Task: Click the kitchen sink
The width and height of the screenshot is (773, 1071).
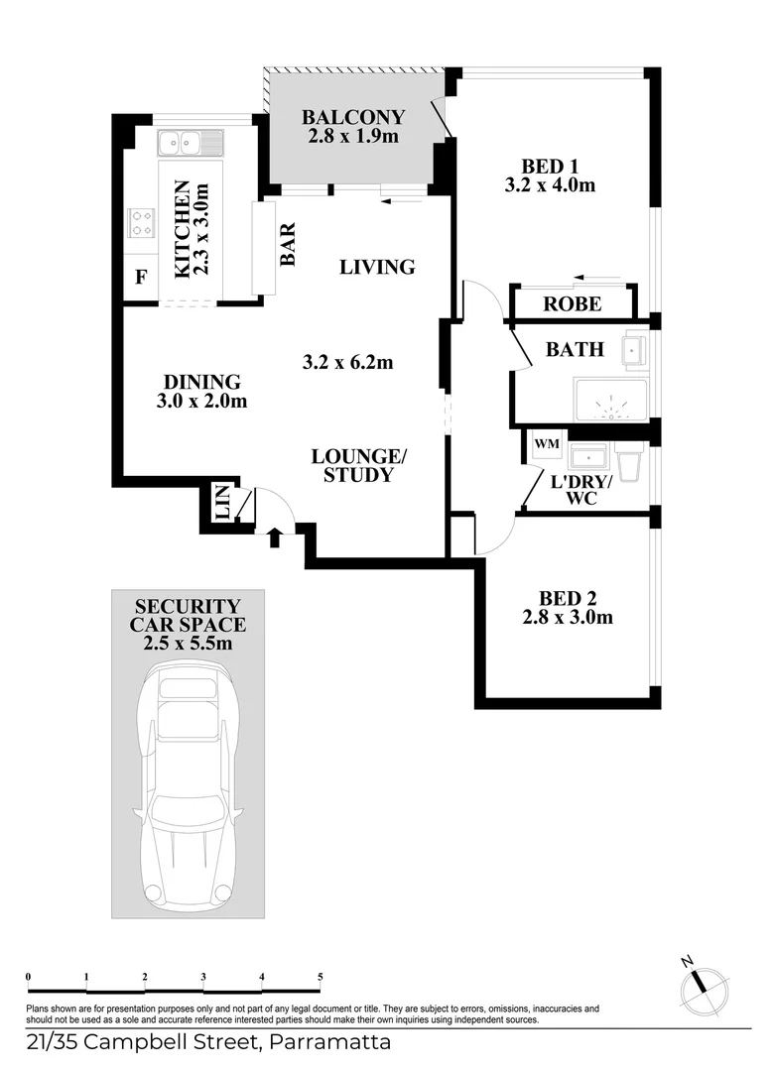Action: [191, 144]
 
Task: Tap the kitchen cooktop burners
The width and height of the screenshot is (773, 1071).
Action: [142, 223]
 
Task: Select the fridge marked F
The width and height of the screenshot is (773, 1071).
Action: [141, 278]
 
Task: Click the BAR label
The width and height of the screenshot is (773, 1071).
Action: [288, 244]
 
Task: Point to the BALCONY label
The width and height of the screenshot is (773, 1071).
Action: [353, 117]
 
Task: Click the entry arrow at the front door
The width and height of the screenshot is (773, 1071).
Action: [275, 536]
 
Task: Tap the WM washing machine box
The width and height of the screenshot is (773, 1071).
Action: [547, 444]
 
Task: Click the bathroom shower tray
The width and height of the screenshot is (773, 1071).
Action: [611, 401]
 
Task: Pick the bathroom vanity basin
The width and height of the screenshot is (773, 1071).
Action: [635, 351]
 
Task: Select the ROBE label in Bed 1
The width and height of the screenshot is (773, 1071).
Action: [573, 304]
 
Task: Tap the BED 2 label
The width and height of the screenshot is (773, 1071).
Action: [568, 598]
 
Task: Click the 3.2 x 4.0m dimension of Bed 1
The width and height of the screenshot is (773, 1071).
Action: [550, 184]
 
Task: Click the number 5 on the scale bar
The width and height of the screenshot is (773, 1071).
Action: [320, 977]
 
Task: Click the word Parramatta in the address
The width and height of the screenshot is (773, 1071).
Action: [330, 1043]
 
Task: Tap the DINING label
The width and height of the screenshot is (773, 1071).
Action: [202, 381]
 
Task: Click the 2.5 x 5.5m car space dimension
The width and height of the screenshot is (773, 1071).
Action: [188, 643]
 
